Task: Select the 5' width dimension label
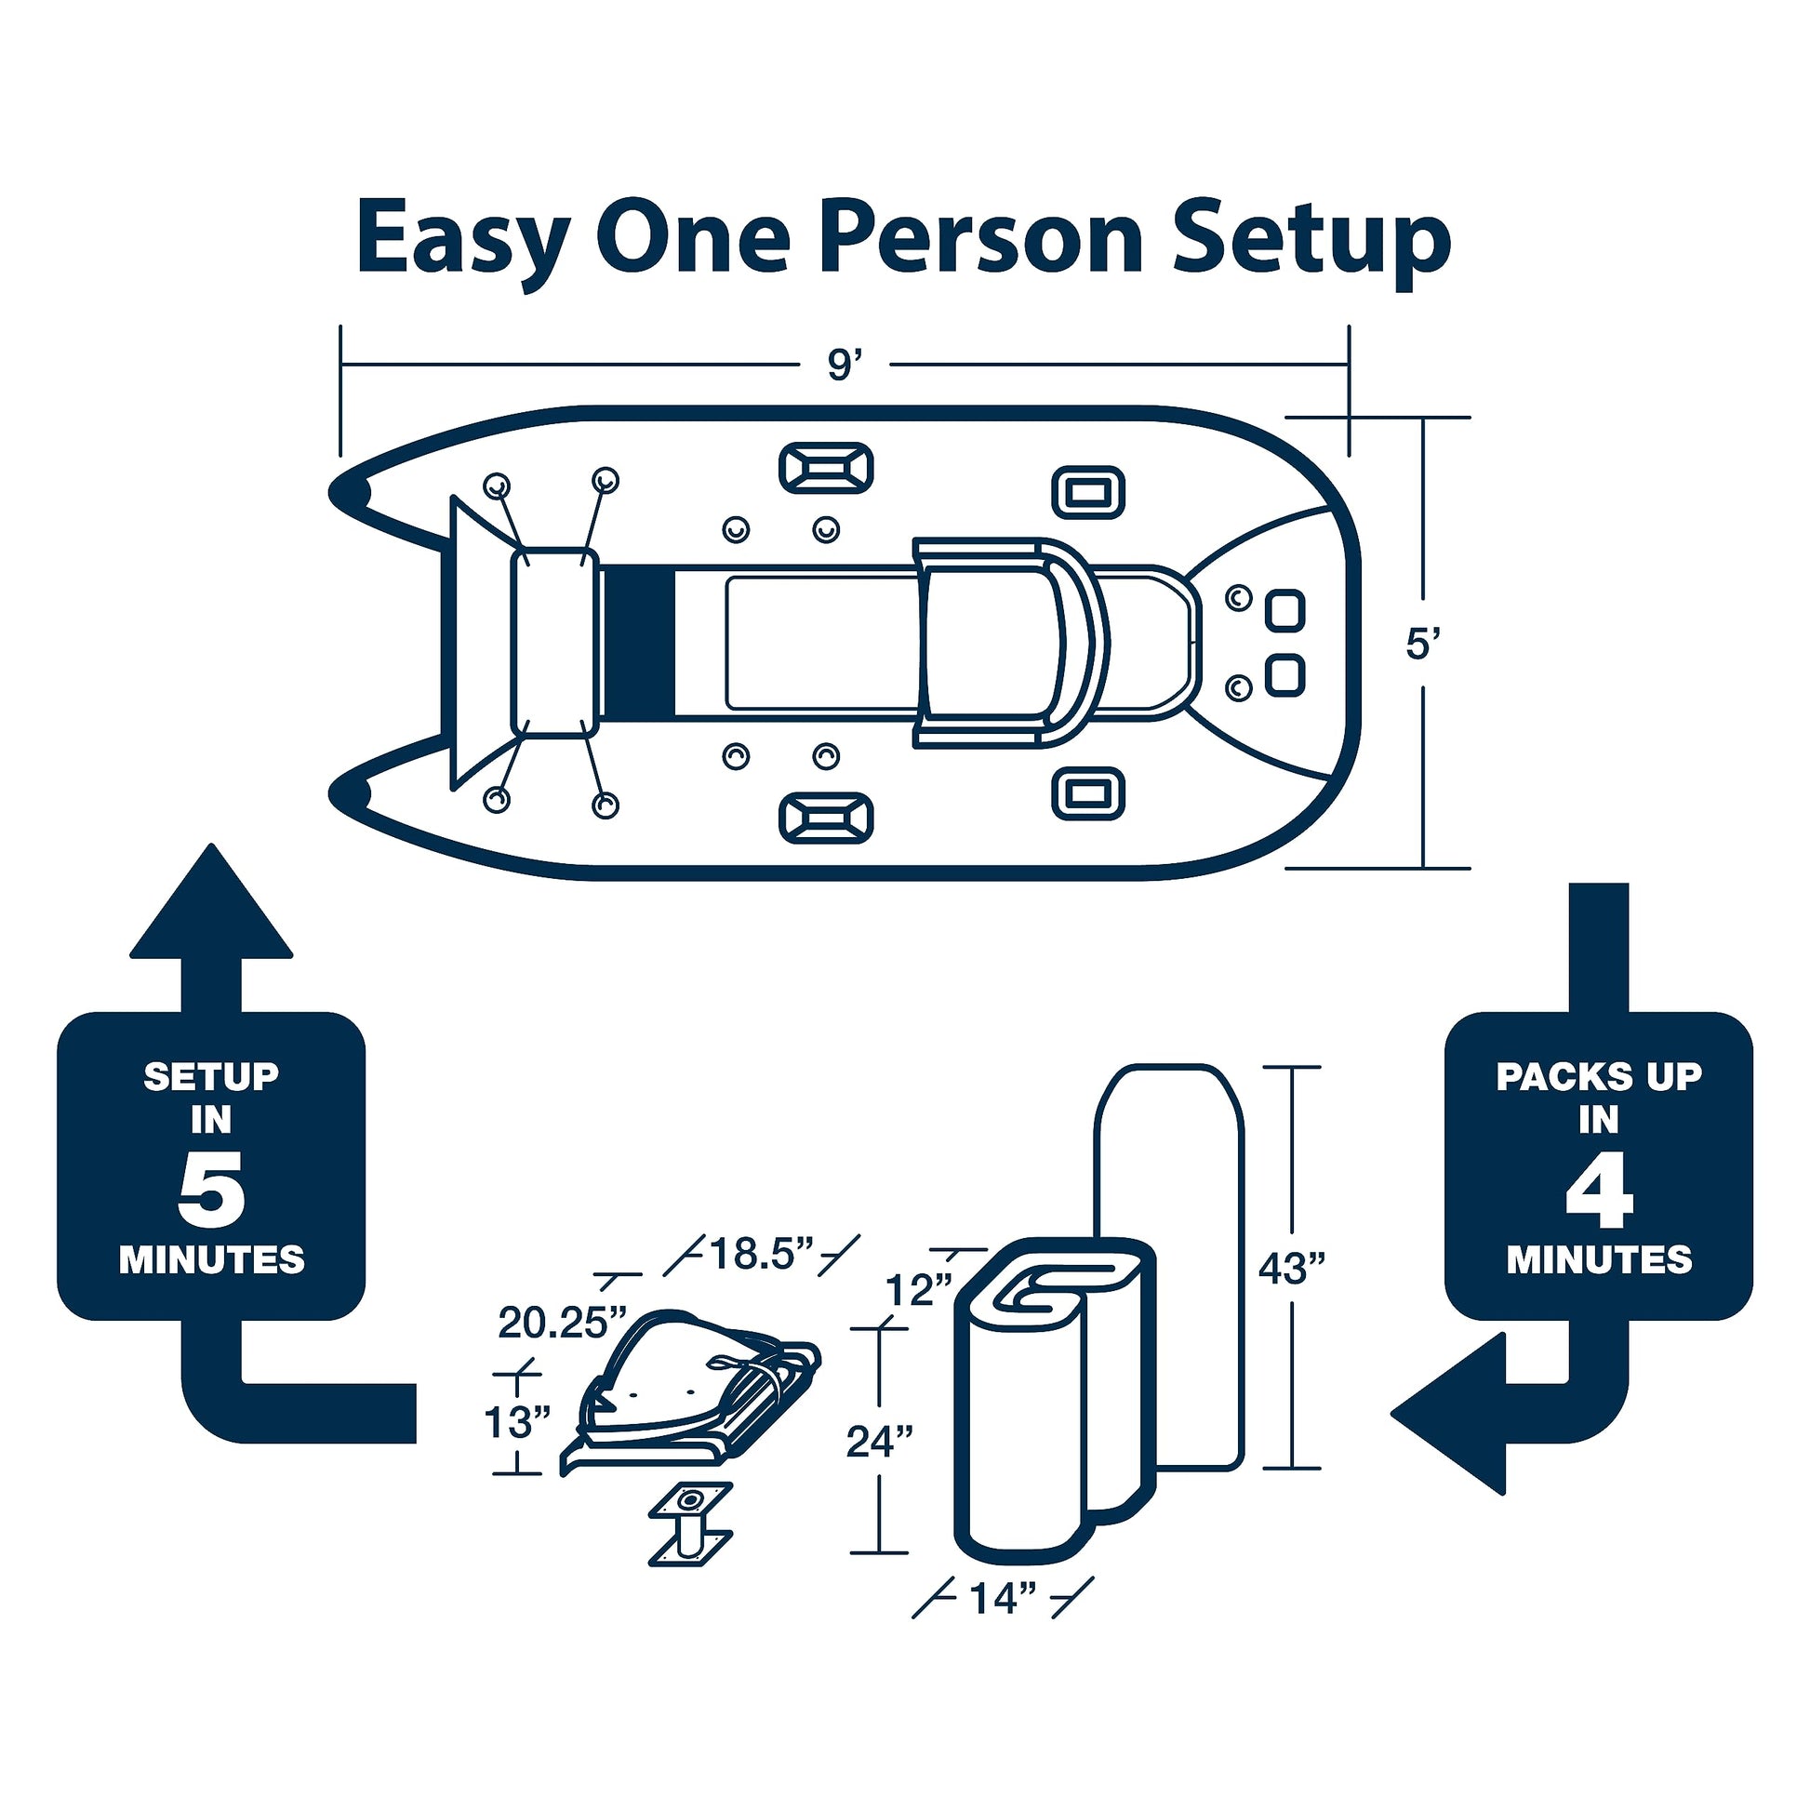[x=1422, y=645]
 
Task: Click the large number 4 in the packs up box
[x=1599, y=1195]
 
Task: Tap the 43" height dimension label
[x=1292, y=1269]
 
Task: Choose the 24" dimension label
[x=880, y=1441]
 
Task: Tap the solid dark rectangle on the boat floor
[x=639, y=643]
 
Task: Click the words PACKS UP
[x=1598, y=1076]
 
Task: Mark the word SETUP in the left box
[x=211, y=1076]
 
